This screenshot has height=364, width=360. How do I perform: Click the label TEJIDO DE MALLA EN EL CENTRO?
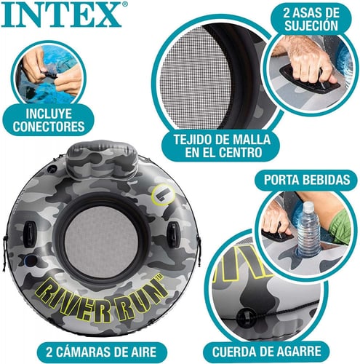coord(212,146)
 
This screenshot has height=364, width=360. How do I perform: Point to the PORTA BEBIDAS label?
coord(305,178)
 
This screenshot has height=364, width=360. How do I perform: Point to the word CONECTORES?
coord(48,126)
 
